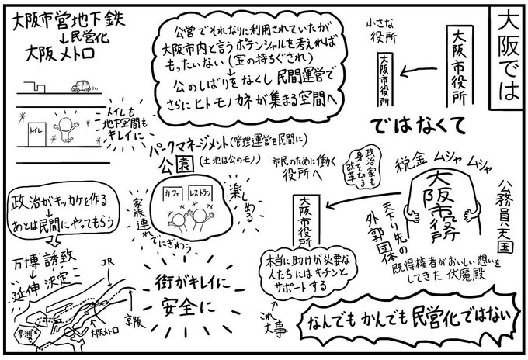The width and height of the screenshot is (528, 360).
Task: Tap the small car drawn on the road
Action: click(82, 85)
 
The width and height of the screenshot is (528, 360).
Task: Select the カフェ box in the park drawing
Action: click(182, 191)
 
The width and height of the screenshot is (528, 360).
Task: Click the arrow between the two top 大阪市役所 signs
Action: click(423, 71)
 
